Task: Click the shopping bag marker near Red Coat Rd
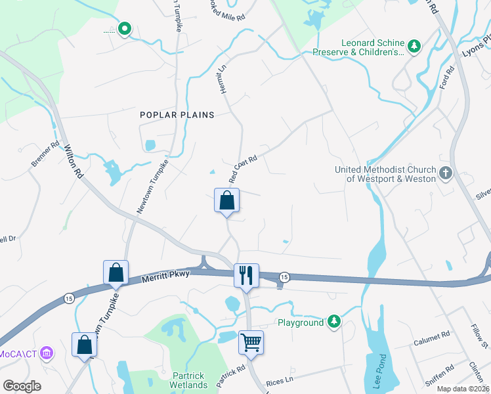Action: click(x=226, y=200)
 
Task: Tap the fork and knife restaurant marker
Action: click(x=247, y=275)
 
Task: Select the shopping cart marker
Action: click(x=251, y=341)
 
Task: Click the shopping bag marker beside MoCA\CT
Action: click(x=85, y=345)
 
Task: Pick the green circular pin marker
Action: click(x=124, y=29)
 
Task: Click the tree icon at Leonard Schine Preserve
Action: click(x=414, y=45)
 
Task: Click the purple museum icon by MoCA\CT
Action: click(x=46, y=353)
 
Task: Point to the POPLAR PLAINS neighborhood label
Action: click(x=177, y=115)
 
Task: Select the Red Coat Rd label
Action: click(x=242, y=169)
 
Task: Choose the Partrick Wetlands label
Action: click(x=188, y=380)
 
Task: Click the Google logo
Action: click(x=22, y=385)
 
